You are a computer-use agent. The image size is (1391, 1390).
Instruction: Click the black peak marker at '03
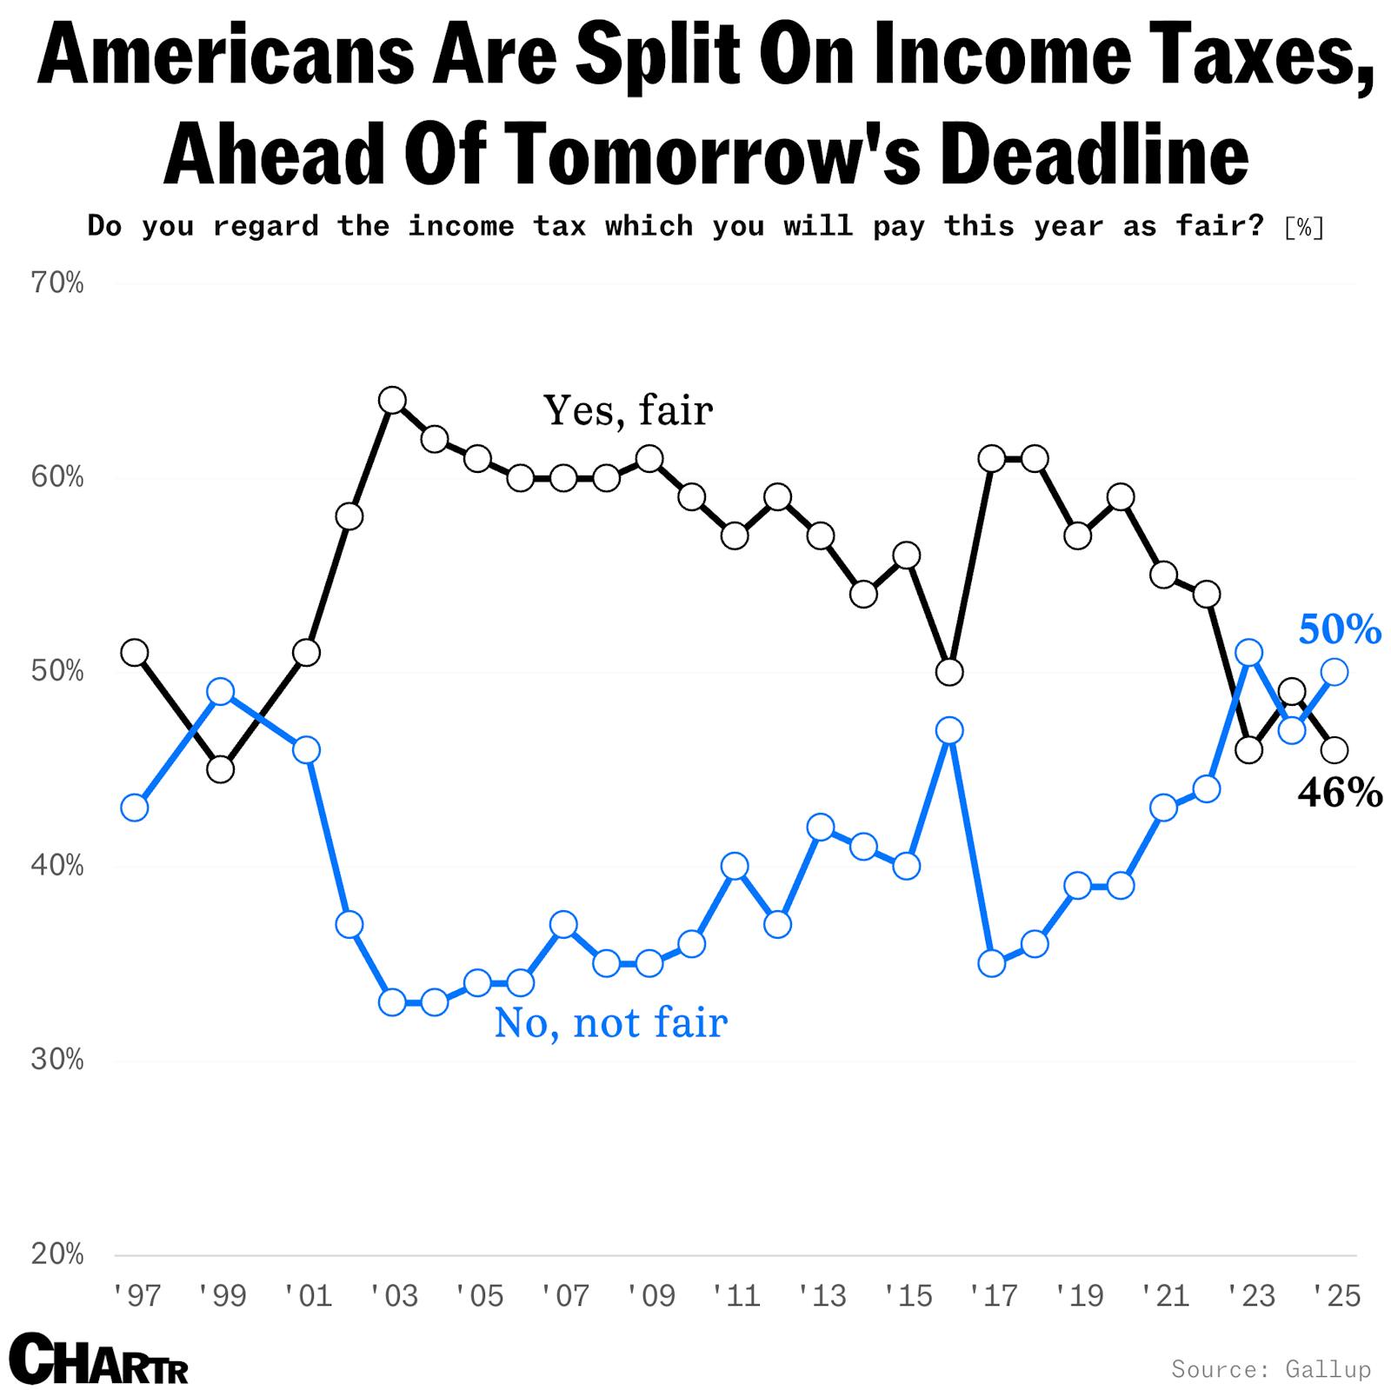392,401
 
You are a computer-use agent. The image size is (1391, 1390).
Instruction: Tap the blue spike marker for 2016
949,731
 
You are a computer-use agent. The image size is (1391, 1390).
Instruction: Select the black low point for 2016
949,672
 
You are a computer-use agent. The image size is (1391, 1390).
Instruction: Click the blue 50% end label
1339,629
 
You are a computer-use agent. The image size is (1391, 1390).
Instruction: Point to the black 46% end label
1339,793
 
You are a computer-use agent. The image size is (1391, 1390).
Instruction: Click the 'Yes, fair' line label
628,410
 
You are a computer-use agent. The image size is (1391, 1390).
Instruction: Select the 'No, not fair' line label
610,1022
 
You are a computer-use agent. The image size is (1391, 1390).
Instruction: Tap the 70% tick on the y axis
57,283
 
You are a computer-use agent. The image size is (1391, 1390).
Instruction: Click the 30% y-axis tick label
57,1061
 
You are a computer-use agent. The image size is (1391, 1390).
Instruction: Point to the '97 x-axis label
137,1296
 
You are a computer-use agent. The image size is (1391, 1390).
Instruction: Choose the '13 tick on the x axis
822,1296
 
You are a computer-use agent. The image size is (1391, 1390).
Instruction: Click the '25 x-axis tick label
1336,1296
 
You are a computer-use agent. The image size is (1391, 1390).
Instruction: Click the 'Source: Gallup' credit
1270,1369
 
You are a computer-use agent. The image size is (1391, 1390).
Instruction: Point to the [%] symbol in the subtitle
1304,228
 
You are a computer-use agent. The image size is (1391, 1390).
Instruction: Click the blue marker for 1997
135,808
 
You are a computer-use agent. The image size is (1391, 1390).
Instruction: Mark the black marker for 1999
221,769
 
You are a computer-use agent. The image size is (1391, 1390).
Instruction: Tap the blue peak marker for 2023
1249,653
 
